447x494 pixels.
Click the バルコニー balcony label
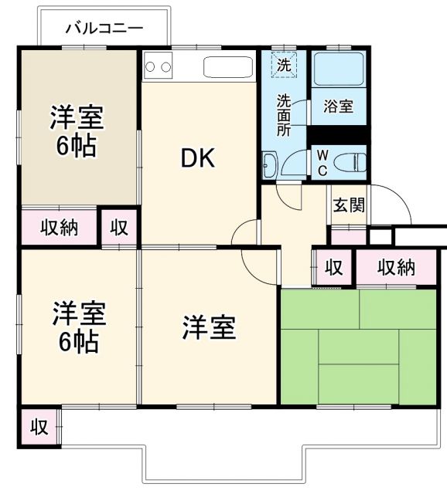[x=104, y=29]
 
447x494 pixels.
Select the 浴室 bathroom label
[x=338, y=107]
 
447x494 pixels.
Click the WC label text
[x=322, y=162]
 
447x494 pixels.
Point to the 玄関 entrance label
[x=348, y=206]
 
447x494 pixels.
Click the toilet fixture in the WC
[x=350, y=162]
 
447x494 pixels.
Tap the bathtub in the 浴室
[x=339, y=74]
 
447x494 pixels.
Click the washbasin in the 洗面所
[x=269, y=164]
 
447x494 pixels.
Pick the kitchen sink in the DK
[x=228, y=66]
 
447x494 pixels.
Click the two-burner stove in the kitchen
[x=158, y=66]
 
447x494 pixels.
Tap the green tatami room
[x=358, y=347]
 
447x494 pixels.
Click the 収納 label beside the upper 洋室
[x=60, y=228]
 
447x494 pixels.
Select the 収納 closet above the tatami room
[x=396, y=267]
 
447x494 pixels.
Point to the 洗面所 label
[x=284, y=114]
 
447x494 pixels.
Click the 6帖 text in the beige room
[x=77, y=147]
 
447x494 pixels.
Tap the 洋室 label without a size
[x=209, y=328]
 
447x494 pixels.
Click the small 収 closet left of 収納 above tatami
[x=333, y=267]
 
